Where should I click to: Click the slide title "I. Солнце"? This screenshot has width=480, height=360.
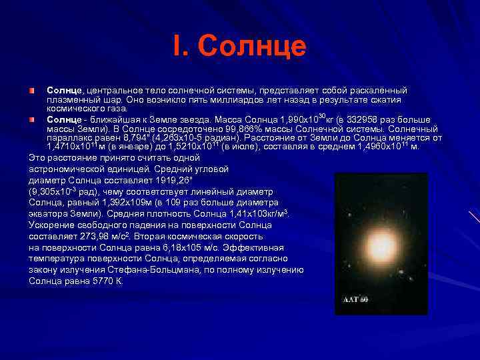(239, 47)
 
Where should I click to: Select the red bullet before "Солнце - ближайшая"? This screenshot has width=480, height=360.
(32, 119)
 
